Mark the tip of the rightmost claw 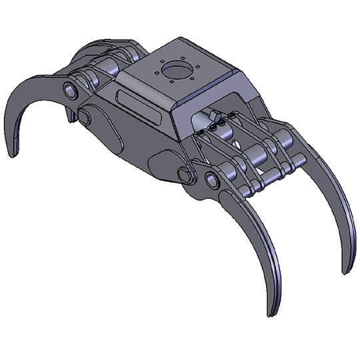pos(346,270)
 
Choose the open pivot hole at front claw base pos(212,180)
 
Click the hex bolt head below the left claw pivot pos(85,117)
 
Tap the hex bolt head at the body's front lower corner pos(185,175)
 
